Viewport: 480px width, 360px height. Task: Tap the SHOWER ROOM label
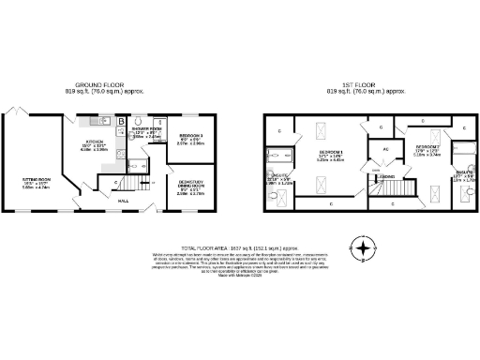point(149,134)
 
